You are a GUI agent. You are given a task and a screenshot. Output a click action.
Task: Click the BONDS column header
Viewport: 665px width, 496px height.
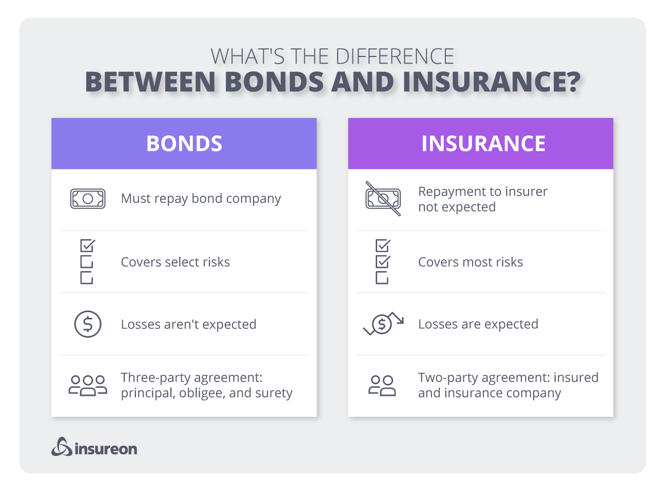(184, 144)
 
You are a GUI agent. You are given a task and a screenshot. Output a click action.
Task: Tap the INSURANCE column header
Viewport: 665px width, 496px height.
(483, 144)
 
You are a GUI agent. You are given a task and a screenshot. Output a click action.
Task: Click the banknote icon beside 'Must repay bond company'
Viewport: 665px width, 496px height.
(88, 199)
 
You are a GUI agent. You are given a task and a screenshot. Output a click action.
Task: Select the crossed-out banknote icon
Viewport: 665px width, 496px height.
(383, 199)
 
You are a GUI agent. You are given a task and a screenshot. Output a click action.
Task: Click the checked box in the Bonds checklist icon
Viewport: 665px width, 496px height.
(87, 246)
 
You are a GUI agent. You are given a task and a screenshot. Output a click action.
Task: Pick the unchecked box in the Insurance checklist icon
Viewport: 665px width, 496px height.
(382, 278)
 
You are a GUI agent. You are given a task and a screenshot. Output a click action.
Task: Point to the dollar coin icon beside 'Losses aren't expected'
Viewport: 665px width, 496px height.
(88, 324)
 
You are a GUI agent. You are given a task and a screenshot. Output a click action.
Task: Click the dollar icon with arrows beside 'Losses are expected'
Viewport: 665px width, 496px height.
(383, 323)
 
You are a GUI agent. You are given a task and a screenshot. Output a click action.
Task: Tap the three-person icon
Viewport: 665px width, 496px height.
(88, 385)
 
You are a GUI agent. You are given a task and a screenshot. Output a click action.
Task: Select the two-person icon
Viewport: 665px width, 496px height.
(382, 385)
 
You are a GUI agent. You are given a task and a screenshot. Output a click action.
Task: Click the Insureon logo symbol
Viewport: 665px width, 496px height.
(61, 447)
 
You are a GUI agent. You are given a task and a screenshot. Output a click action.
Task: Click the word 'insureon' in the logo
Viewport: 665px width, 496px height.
(106, 449)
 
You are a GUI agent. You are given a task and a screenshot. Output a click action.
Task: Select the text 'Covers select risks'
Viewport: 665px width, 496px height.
(175, 262)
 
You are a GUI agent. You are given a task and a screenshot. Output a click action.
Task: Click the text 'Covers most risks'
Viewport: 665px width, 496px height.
(470, 262)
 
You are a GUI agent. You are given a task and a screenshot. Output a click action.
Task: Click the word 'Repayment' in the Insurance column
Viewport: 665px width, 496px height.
(448, 192)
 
